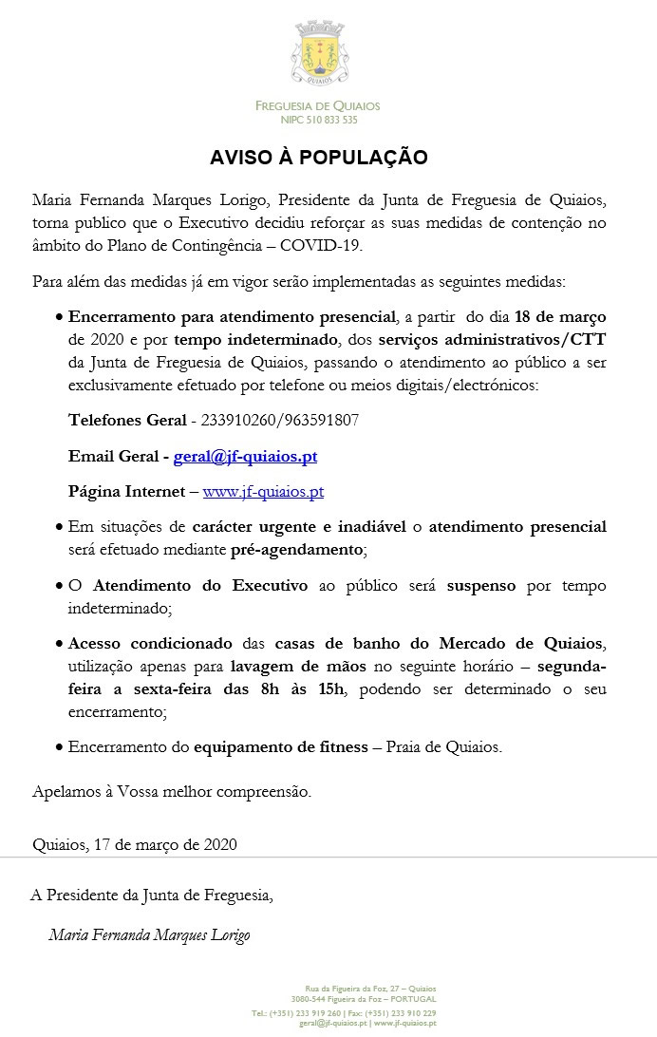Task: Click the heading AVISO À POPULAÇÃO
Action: (319, 157)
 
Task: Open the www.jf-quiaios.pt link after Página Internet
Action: (263, 492)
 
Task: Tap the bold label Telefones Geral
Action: (127, 420)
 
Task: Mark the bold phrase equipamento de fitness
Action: (280, 747)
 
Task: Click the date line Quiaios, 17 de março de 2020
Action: (135, 844)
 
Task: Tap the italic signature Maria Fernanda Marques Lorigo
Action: (149, 935)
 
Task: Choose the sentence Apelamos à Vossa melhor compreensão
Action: (171, 791)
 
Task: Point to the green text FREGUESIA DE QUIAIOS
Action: (317, 106)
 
